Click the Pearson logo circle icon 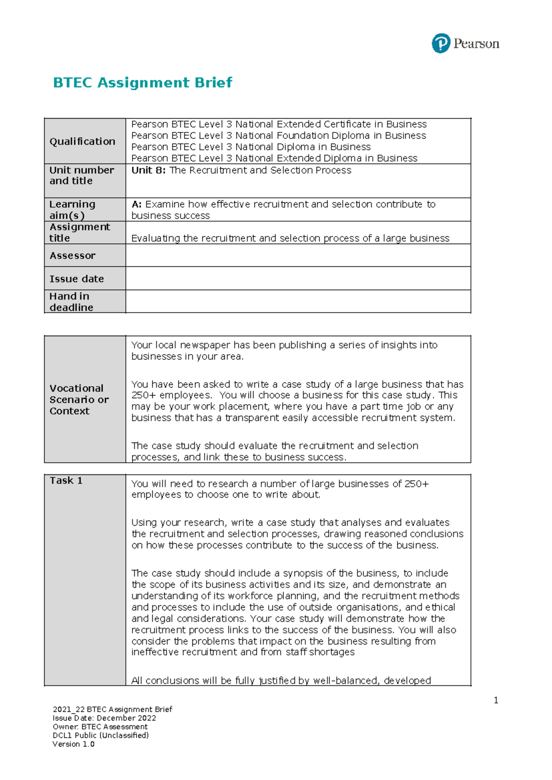(x=441, y=44)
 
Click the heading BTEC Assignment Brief (x=143, y=83)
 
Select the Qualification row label (x=82, y=142)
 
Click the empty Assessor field (x=298, y=255)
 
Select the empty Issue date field (x=298, y=279)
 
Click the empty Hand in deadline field (x=298, y=302)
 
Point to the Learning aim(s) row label (x=73, y=210)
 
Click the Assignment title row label (x=79, y=232)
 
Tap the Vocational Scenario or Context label (x=79, y=400)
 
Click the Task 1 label (x=66, y=481)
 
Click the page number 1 (x=496, y=700)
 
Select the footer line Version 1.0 (x=74, y=744)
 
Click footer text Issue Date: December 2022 (x=104, y=718)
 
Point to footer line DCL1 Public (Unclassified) (x=101, y=735)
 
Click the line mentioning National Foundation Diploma (x=278, y=136)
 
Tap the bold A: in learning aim (x=137, y=204)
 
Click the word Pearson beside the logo (x=476, y=44)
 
